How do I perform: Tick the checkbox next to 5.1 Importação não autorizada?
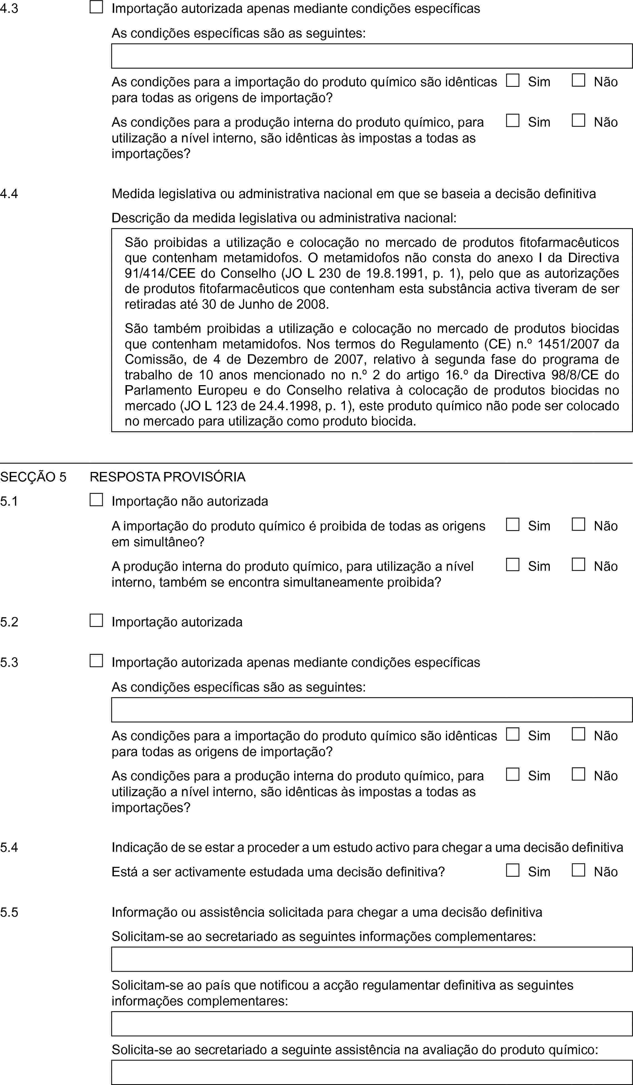coord(97,500)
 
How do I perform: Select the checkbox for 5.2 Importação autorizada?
coord(97,621)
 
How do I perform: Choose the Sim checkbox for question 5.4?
coord(512,870)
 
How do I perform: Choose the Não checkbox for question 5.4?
coord(578,870)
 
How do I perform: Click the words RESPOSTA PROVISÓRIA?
coord(168,477)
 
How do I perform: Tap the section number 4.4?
coord(9,194)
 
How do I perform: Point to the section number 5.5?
coord(9,912)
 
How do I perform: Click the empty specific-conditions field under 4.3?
coord(372,56)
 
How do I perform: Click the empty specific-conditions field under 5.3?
coord(372,710)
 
